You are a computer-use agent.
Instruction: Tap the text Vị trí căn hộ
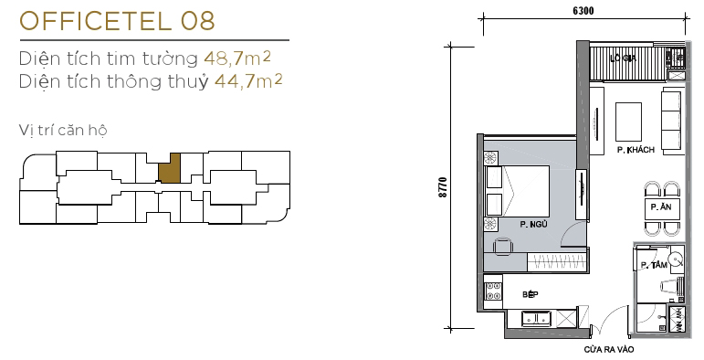62,129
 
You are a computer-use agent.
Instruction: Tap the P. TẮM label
651,265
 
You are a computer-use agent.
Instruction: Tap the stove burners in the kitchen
494,293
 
